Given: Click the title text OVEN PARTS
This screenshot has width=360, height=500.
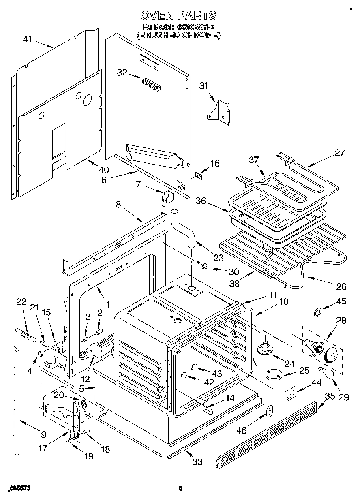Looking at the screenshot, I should [x=178, y=15].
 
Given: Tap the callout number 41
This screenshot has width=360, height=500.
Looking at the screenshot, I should [x=27, y=39].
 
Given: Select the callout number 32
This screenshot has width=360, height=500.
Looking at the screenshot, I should [x=122, y=73].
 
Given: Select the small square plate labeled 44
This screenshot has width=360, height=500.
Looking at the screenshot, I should [x=289, y=394].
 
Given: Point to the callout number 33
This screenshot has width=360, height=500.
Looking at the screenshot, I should [x=197, y=462].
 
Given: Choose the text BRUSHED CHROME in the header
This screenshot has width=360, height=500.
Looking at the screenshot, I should [x=178, y=36].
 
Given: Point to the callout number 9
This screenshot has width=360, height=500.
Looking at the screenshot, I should [x=44, y=435].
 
